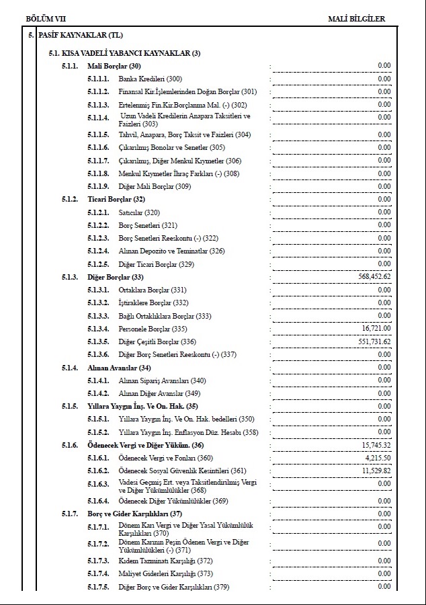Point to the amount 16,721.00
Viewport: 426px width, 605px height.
pyautogui.click(x=376, y=328)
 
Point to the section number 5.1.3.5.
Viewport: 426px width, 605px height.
pyautogui.click(x=98, y=341)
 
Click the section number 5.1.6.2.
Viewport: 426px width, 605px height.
pyautogui.click(x=98, y=471)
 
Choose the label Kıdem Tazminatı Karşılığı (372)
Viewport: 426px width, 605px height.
pyautogui.click(x=165, y=561)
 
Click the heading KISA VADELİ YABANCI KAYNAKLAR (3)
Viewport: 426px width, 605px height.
pyautogui.click(x=124, y=53)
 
